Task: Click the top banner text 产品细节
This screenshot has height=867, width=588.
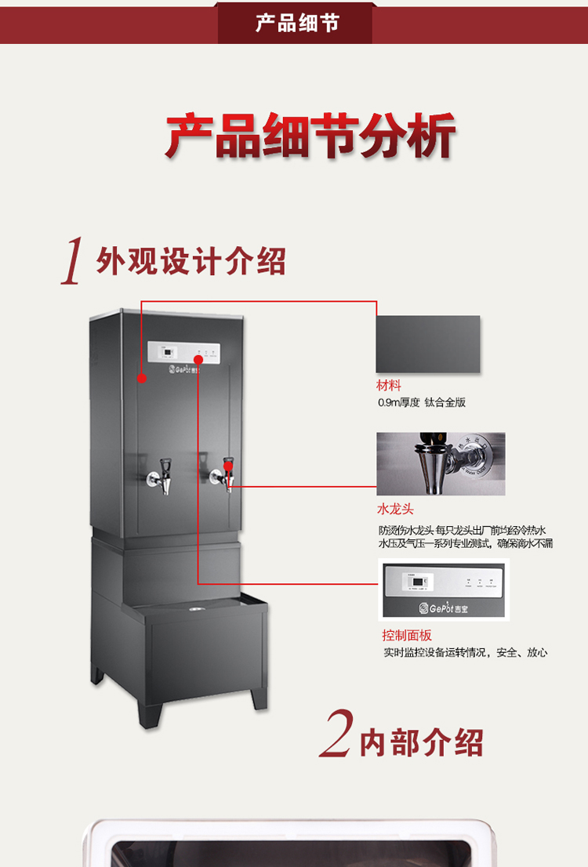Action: coord(296,23)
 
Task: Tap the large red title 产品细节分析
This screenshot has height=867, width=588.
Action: coord(310,136)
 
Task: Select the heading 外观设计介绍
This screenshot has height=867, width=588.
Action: coord(191,260)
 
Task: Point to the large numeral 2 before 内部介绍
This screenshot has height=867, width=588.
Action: coord(336,735)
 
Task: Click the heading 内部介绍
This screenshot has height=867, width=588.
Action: coord(421,742)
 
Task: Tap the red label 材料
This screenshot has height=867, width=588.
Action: coord(389,386)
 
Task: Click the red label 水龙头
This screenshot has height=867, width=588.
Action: coord(395,509)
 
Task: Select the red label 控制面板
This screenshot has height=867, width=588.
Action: coord(407,635)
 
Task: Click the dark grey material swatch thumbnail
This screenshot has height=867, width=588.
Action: coord(428,344)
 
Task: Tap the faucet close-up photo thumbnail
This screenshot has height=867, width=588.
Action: coord(441,464)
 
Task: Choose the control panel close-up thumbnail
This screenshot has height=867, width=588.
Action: coord(443,589)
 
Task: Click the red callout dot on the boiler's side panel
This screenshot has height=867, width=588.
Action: coord(142,378)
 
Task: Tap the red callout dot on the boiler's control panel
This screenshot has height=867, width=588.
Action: coord(198,360)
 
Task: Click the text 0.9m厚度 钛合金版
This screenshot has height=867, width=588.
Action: coord(422,403)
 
